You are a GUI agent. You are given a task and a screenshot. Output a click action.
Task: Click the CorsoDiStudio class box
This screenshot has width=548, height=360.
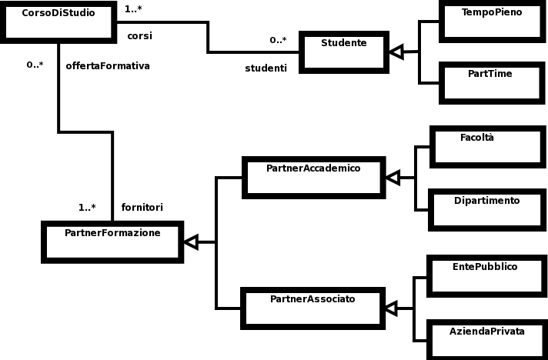[59, 22]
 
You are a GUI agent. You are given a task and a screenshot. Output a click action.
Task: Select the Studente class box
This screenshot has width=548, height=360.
[343, 52]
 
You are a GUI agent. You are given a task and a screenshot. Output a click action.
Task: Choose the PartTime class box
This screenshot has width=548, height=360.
[491, 82]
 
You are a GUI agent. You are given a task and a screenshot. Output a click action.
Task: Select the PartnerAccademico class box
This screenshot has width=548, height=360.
[312, 176]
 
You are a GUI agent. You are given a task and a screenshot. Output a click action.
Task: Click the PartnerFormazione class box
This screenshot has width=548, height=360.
[112, 242]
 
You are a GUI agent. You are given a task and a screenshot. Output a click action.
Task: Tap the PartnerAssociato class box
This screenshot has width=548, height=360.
[312, 308]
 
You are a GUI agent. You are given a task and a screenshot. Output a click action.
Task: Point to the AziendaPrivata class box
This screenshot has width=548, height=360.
[486, 339]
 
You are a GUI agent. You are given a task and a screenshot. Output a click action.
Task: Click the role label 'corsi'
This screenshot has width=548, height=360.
[139, 35]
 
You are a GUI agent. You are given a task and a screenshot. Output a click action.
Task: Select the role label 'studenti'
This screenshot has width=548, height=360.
[266, 68]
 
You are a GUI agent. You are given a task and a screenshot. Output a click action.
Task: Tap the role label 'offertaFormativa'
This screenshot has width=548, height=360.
[108, 66]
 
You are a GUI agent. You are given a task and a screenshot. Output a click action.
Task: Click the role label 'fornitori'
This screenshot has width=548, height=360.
[142, 207]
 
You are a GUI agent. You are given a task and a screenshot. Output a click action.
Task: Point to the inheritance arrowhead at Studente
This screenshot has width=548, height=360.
[396, 52]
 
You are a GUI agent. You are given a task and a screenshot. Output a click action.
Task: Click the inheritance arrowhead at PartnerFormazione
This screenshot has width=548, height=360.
[190, 242]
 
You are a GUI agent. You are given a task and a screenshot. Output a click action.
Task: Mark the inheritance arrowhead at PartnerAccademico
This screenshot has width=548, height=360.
[392, 178]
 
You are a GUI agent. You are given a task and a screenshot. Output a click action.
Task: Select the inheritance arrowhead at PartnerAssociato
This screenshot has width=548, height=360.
[391, 308]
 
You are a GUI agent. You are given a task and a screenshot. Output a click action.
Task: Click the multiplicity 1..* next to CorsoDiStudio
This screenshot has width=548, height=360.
[133, 9]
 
